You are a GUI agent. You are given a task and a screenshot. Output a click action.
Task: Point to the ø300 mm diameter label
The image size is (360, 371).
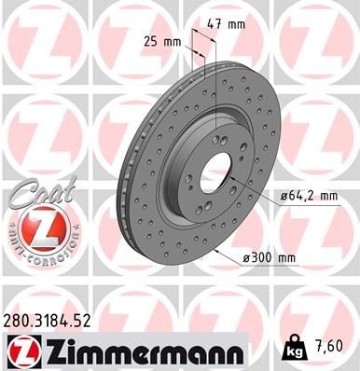click(297, 256)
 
